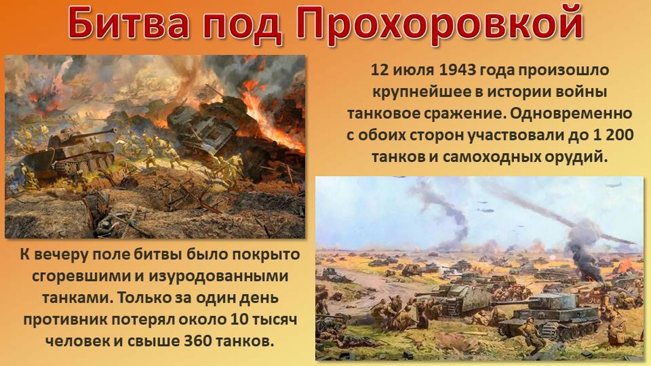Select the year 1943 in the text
[x=457, y=70]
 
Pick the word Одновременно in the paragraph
[x=571, y=114]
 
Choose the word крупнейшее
[x=421, y=92]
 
